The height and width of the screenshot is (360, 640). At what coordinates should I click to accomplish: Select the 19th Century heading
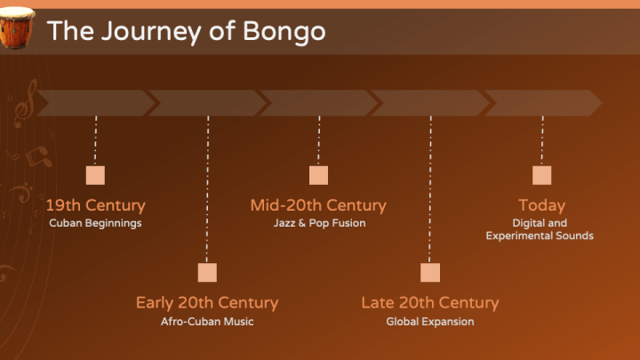(95, 205)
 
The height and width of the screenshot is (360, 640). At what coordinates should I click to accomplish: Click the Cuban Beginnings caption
(95, 223)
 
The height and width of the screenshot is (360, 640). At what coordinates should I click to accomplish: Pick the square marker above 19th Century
(95, 175)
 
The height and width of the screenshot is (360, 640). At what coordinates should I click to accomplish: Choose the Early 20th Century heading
(206, 303)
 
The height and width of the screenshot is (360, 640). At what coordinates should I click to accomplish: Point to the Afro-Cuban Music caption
(206, 321)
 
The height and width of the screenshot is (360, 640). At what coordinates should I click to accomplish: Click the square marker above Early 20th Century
(207, 273)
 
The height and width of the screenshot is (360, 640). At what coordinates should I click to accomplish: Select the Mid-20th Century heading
(318, 205)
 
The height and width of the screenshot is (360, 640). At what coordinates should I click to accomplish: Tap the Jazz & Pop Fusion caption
(319, 223)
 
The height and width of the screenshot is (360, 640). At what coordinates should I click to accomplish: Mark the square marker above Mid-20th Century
(318, 175)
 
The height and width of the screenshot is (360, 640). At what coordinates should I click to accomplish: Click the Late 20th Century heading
(429, 303)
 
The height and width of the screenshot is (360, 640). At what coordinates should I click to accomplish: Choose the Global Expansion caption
(430, 321)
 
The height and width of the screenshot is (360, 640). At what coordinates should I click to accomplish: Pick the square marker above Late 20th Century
(430, 273)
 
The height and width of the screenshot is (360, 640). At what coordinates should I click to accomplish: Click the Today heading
(541, 205)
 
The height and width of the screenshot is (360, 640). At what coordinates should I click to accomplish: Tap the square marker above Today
(541, 175)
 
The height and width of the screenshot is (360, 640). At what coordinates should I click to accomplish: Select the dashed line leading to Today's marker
(541, 140)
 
